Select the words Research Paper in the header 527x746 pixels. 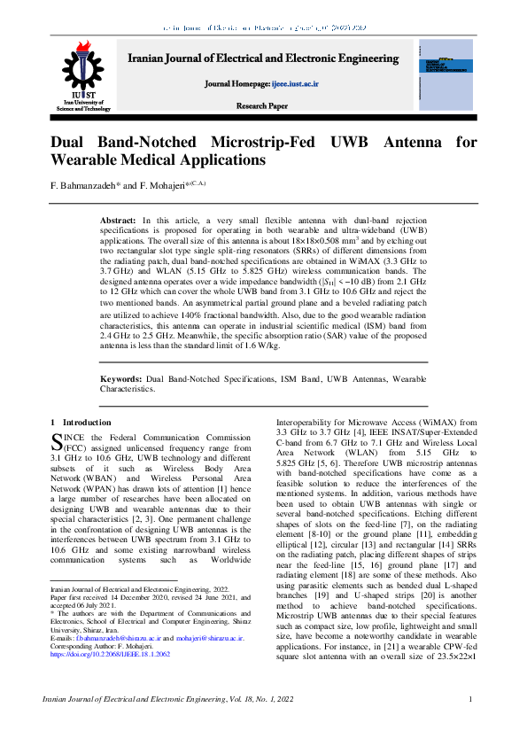[x=261, y=105]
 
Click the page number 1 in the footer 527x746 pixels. [x=471, y=701]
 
